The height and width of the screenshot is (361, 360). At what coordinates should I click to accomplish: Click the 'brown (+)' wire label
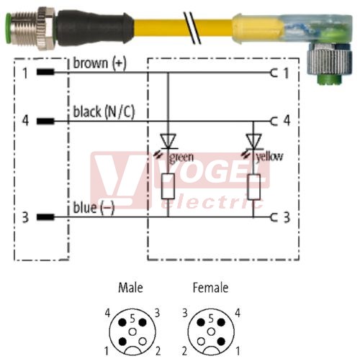point(99,63)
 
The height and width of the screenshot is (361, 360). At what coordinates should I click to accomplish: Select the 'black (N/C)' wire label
point(104,111)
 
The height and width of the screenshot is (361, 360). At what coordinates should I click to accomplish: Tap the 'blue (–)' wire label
point(94,208)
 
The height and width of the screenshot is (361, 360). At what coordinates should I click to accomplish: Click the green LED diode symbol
point(168,142)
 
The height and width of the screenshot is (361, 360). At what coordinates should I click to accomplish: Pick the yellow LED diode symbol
point(253,142)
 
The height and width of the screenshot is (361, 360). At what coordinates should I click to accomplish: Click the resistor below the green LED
point(168,186)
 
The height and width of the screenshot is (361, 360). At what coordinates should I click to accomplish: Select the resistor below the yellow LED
point(253,187)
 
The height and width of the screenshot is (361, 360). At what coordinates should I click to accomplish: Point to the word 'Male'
point(130,288)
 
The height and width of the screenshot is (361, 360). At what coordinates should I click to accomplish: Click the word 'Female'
point(210,288)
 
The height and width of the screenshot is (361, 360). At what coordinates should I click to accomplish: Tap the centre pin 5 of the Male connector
point(132,332)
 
